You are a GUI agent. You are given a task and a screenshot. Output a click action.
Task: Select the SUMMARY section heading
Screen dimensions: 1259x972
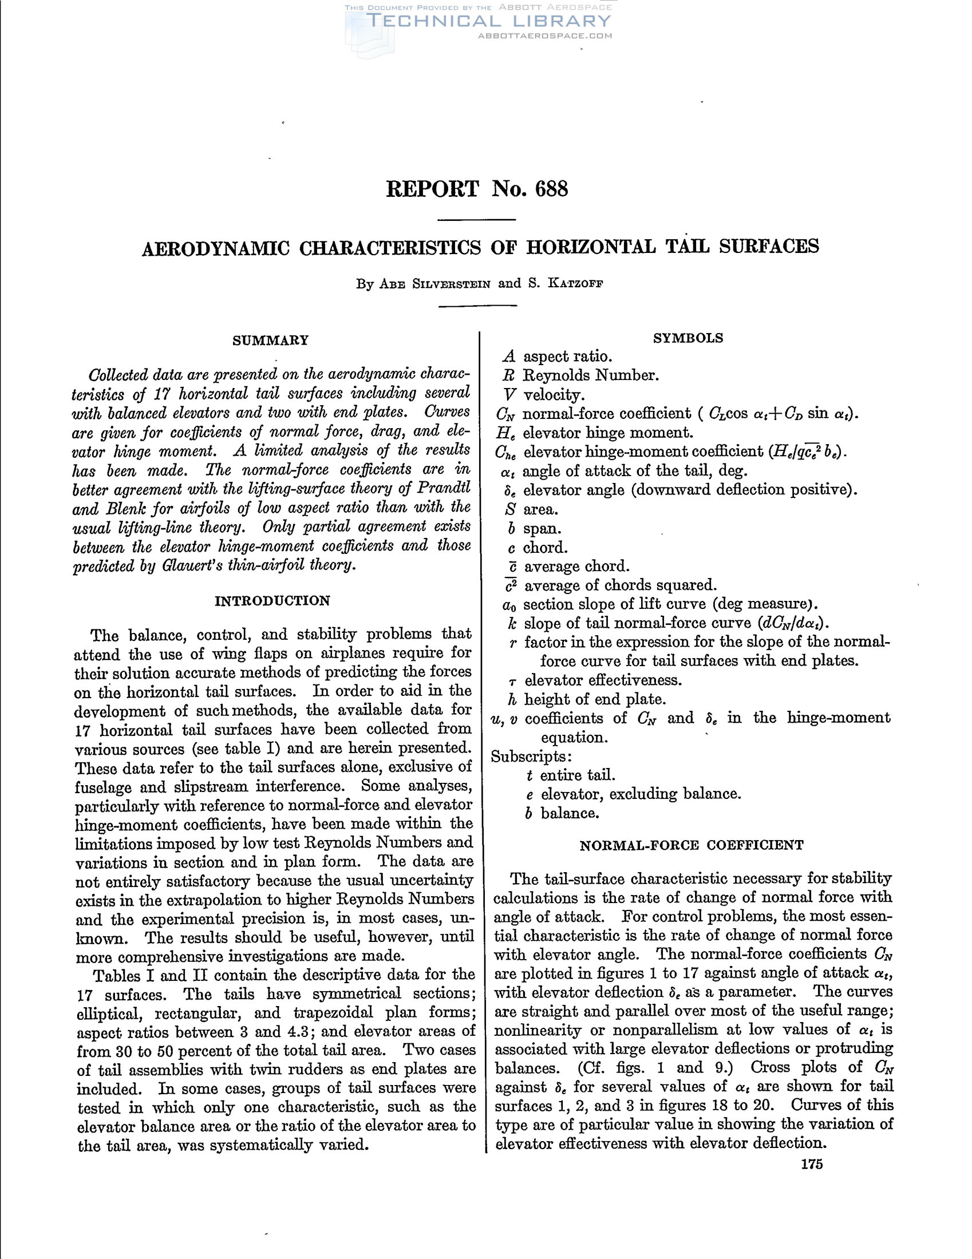270,340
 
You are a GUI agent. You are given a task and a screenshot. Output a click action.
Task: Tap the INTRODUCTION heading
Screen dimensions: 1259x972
272,601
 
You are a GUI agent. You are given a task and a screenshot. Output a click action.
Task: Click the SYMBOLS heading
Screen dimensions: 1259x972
687,338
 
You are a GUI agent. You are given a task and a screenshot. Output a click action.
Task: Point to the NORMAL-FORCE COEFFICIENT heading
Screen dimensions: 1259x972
692,845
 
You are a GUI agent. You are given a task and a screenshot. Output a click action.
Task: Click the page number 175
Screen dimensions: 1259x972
811,1164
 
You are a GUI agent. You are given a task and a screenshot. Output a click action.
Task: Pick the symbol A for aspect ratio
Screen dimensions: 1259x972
508,357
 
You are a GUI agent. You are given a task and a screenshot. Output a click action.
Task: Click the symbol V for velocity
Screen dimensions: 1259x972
508,395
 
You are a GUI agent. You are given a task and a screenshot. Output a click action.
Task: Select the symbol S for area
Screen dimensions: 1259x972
508,509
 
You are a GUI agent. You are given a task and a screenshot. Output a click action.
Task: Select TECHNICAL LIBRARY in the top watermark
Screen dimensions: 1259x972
488,21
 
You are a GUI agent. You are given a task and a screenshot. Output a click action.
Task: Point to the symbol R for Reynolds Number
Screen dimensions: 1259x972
508,376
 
